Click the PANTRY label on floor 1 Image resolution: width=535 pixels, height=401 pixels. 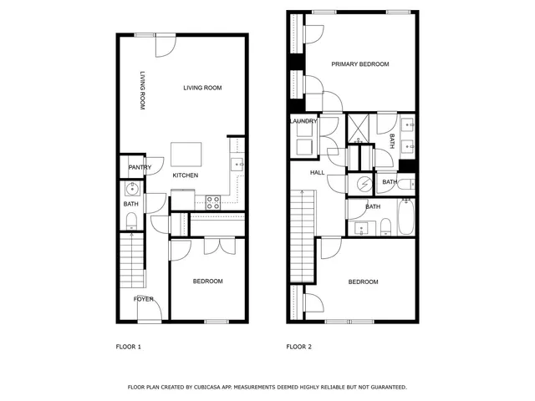click(140, 167)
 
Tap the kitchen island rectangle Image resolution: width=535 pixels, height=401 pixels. click(186, 155)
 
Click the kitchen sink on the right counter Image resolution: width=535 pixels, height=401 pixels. click(237, 165)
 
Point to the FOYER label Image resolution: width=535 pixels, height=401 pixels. click(144, 298)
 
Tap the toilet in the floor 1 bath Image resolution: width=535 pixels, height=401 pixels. click(132, 220)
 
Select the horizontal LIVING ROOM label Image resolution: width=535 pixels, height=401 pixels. click(202, 88)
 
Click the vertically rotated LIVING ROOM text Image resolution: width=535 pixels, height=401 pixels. click(143, 90)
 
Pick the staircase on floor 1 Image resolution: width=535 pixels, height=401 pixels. click(131, 260)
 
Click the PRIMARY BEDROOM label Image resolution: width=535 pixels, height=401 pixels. click(360, 63)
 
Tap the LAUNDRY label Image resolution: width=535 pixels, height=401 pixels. click(303, 121)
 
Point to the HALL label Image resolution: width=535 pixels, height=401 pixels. click(318, 172)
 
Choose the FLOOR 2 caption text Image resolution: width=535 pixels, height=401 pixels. click(299, 346)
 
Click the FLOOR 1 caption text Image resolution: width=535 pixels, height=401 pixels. click(128, 346)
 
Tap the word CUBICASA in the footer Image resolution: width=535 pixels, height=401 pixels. click(214, 387)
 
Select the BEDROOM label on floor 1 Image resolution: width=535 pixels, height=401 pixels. click(208, 281)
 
